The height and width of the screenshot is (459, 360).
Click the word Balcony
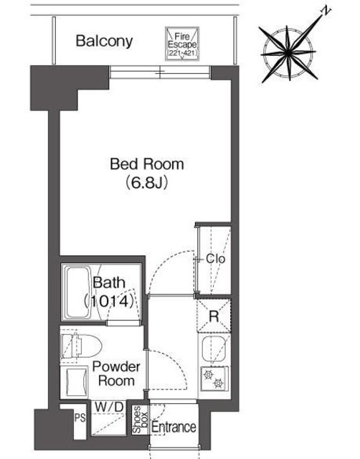coord(105,41)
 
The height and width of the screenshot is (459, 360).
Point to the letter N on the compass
coord(326,11)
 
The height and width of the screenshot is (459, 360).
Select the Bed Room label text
coord(146,164)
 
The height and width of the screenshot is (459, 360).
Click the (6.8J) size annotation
coord(147,183)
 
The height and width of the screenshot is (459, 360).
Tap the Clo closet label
coord(215,259)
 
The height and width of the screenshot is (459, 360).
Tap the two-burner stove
coord(213,377)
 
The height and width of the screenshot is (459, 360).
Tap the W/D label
coord(109,408)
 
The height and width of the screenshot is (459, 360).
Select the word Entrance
coord(174,427)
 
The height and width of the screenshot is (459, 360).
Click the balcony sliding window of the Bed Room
coord(160,72)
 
